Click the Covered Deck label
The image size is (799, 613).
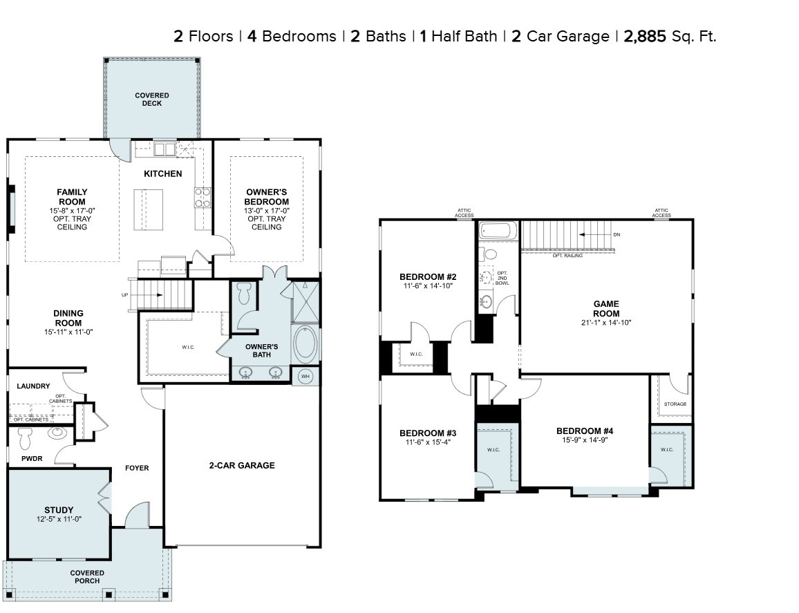click(x=152, y=99)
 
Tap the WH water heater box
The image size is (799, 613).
click(x=305, y=376)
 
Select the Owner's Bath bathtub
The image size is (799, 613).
click(x=306, y=343)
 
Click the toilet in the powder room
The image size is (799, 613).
click(x=26, y=438)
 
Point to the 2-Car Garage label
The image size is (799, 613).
click(x=242, y=465)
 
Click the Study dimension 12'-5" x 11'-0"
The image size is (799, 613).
click(x=59, y=519)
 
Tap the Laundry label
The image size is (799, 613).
click(x=33, y=386)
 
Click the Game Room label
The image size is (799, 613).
click(x=606, y=308)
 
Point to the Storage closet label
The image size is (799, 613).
click(x=675, y=404)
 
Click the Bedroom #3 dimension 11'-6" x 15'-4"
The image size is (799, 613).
click(x=427, y=442)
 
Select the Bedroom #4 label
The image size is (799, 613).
click(x=585, y=431)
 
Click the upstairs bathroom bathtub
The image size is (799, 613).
click(x=496, y=230)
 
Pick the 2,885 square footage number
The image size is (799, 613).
click(x=645, y=36)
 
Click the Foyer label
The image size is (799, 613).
click(x=137, y=468)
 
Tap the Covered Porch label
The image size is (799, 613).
click(x=88, y=577)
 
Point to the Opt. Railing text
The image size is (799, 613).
click(x=567, y=256)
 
